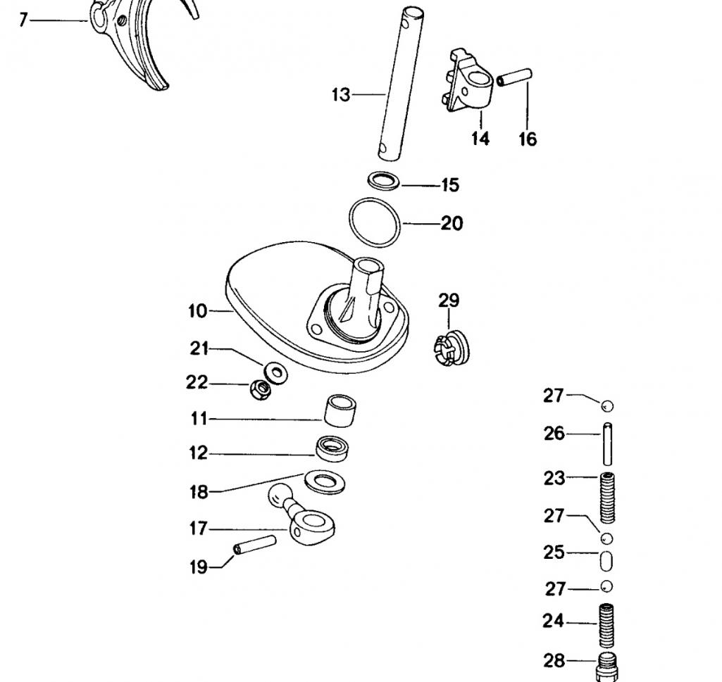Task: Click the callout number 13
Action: (x=341, y=94)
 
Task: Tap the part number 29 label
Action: (x=449, y=301)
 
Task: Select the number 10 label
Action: (x=198, y=310)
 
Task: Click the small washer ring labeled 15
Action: (x=384, y=179)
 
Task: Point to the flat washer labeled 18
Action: (x=325, y=482)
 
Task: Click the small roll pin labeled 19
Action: (x=254, y=545)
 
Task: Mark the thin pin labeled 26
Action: (x=606, y=443)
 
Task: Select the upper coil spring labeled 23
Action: (x=606, y=497)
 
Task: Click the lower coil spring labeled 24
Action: (x=606, y=626)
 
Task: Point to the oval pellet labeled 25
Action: (x=606, y=562)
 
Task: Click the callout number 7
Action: (x=23, y=20)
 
